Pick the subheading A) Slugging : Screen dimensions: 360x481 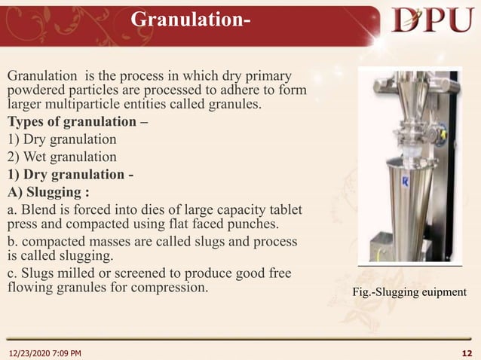tap(53, 191)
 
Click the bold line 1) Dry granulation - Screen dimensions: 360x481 tap(71, 174)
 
